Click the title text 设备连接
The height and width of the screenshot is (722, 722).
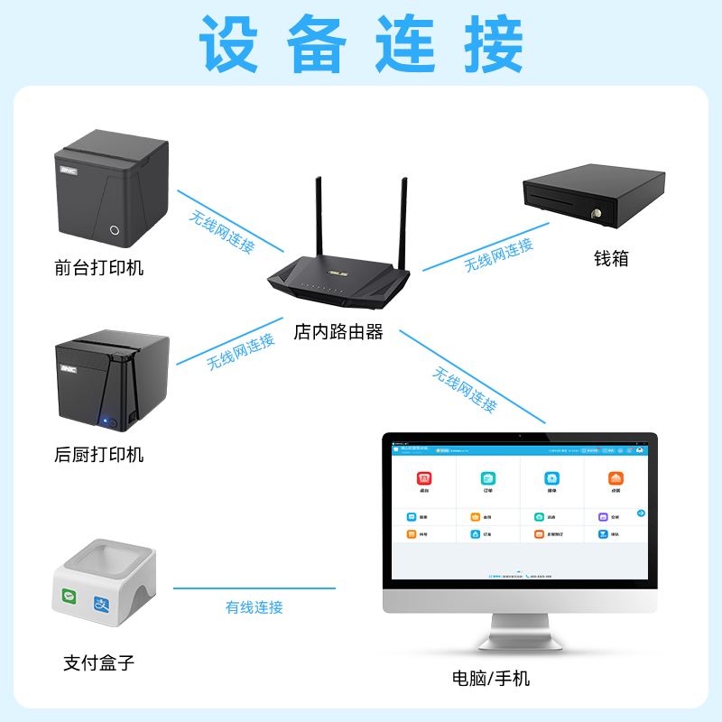361,43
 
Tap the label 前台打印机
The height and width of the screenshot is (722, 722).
98,267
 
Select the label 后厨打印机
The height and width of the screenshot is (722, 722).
98,454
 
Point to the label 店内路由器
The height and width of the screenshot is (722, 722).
338,332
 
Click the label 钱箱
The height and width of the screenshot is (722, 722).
610,258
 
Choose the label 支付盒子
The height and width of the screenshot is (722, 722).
98,662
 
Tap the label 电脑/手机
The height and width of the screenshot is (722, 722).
491,678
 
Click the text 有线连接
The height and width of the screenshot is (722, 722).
254,607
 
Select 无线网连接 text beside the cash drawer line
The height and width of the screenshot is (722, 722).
498,255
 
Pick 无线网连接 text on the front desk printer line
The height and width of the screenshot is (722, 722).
222,232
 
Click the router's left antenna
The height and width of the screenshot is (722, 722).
319,217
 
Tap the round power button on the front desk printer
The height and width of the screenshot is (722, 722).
115,230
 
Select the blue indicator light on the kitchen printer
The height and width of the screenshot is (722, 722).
106,421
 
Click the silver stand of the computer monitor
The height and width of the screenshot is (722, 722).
520,632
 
